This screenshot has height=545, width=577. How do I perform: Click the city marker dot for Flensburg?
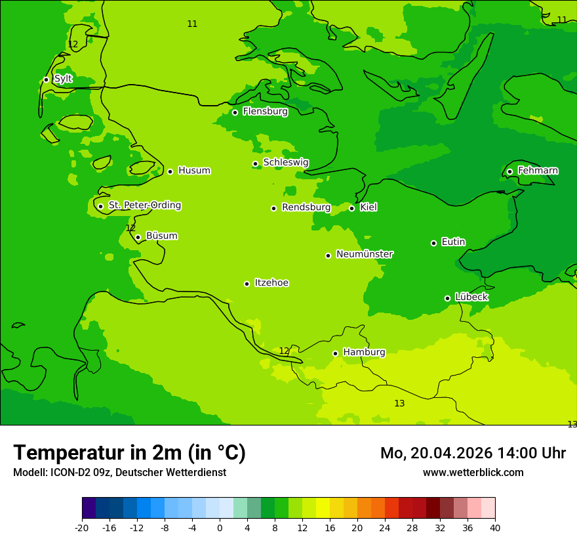pyautogui.click(x=235, y=112)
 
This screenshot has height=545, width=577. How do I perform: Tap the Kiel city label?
pyautogui.click(x=368, y=207)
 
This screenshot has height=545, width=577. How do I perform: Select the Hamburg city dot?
pyautogui.click(x=335, y=353)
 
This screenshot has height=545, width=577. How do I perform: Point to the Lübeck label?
pyautogui.click(x=471, y=297)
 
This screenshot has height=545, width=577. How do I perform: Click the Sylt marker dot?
pyautogui.click(x=46, y=79)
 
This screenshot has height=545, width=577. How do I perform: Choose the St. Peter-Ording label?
pyautogui.click(x=145, y=205)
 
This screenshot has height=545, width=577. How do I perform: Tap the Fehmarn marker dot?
pyautogui.click(x=509, y=171)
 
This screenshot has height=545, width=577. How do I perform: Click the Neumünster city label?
pyautogui.click(x=365, y=254)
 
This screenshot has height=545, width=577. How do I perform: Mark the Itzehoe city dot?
pyautogui.click(x=247, y=284)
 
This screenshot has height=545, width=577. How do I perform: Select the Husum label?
pyautogui.click(x=194, y=171)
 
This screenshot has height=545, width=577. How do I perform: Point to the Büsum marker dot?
pyautogui.click(x=138, y=237)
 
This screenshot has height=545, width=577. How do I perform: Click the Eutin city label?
pyautogui.click(x=453, y=242)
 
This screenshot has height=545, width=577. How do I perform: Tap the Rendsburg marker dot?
pyautogui.click(x=273, y=208)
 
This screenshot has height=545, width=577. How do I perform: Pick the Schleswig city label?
pyautogui.click(x=286, y=162)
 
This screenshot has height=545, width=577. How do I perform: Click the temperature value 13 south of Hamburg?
pyautogui.click(x=399, y=403)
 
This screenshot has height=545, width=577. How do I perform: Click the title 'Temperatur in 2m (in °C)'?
pyautogui.click(x=130, y=452)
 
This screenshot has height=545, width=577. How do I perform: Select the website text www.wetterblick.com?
pyautogui.click(x=473, y=473)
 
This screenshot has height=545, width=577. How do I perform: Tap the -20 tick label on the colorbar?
pyautogui.click(x=82, y=527)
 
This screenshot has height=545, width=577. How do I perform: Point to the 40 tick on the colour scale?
pyautogui.click(x=495, y=527)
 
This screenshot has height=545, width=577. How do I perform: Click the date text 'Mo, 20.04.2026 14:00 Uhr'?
pyautogui.click(x=473, y=453)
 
